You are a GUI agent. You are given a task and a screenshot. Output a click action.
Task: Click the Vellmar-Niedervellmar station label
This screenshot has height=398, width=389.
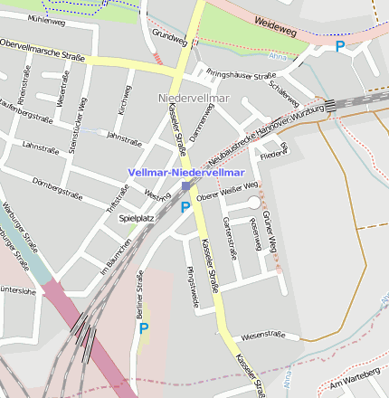click(x=186, y=172)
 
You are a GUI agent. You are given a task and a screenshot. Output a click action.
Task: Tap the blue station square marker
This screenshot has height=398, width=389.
click(x=185, y=186)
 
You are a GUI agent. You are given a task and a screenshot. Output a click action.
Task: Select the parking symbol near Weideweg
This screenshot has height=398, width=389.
click(x=340, y=46)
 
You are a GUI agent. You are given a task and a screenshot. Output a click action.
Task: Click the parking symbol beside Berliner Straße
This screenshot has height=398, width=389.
click(x=143, y=329)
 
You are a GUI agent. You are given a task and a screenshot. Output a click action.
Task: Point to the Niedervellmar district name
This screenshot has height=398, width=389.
click(x=194, y=97)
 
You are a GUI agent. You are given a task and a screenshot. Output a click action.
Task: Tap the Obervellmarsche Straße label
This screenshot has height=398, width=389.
click(x=42, y=49)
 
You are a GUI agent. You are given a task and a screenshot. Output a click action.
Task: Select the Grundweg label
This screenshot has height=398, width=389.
click(x=169, y=37)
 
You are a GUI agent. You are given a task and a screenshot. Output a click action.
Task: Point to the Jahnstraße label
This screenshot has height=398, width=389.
click(x=125, y=137)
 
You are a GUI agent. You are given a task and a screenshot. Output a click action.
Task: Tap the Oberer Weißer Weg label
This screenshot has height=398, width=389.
click(x=227, y=191)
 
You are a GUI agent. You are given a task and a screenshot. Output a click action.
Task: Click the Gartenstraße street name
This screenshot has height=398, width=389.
click(x=229, y=238)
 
